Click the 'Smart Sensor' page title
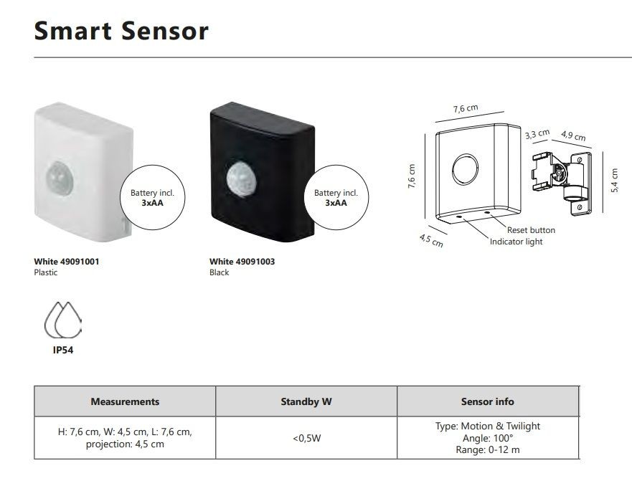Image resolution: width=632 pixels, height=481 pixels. (x=121, y=31)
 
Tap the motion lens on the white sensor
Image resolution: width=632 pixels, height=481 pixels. (x=60, y=178)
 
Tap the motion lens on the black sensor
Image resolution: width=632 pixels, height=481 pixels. (x=242, y=180)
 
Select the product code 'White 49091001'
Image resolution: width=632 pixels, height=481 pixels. (x=67, y=262)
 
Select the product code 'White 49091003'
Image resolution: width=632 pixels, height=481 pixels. (x=242, y=262)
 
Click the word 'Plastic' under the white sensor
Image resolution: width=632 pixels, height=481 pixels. (x=45, y=272)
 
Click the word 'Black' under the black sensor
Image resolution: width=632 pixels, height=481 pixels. (x=220, y=272)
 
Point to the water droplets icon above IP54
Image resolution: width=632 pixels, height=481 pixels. (x=63, y=320)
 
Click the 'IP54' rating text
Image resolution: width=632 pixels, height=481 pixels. (x=63, y=350)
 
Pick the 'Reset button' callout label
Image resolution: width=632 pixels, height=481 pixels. (x=532, y=230)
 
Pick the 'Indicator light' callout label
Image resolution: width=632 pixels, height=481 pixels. (x=517, y=242)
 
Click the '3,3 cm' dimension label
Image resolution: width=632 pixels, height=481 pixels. (x=537, y=134)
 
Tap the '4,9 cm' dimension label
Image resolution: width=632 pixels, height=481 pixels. (x=573, y=135)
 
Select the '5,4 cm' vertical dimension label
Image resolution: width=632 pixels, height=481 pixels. (x=614, y=180)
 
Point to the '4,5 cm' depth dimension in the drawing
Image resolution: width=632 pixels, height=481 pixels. (x=431, y=241)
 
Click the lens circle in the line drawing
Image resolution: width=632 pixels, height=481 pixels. (x=465, y=169)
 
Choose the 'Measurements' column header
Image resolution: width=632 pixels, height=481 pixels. (x=125, y=401)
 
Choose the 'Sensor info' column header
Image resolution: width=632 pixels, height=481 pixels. (x=488, y=401)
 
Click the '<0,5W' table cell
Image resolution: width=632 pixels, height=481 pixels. (x=307, y=438)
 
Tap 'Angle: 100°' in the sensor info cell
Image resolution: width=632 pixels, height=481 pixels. (x=488, y=438)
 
